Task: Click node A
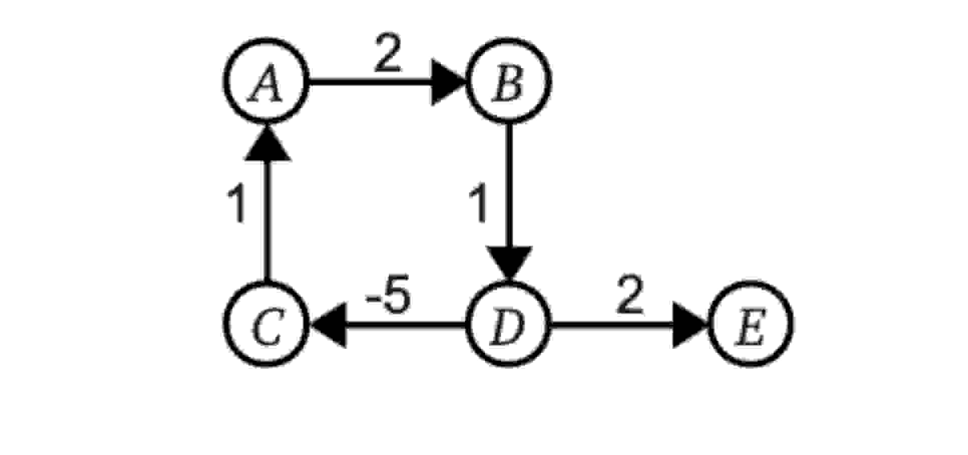pyautogui.click(x=266, y=81)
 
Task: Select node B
pyautogui.click(x=509, y=81)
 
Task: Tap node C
pyautogui.click(x=266, y=324)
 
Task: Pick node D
pyautogui.click(x=509, y=324)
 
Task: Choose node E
pyautogui.click(x=751, y=324)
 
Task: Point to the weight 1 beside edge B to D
pyautogui.click(x=478, y=203)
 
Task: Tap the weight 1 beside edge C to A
pyautogui.click(x=236, y=203)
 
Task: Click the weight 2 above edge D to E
pyautogui.click(x=630, y=296)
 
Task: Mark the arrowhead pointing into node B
pyautogui.click(x=448, y=82)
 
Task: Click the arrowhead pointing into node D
pyautogui.click(x=509, y=263)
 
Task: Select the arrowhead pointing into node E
pyautogui.click(x=689, y=325)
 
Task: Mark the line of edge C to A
pyautogui.click(x=267, y=220)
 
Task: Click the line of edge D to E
pyautogui.click(x=611, y=325)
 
